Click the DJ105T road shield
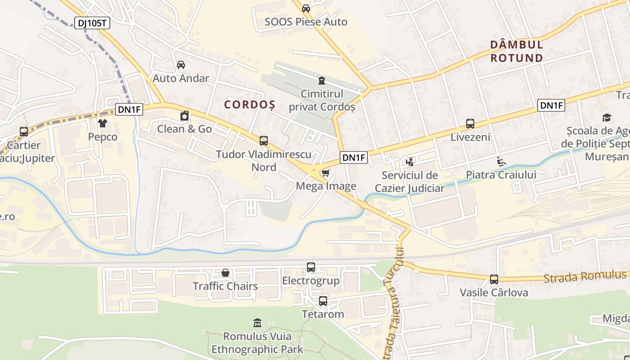point(92,23)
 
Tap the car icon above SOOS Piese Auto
point(306,8)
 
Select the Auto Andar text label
point(181,78)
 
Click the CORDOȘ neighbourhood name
point(250,105)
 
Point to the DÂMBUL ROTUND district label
point(517,51)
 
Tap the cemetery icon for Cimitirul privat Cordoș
point(321,81)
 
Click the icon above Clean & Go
point(184,116)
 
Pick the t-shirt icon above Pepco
point(103,123)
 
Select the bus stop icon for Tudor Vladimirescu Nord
point(264,141)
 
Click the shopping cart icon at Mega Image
point(325,173)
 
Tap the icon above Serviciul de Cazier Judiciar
point(409,162)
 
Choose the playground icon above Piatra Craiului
point(501,161)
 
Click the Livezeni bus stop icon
point(470,124)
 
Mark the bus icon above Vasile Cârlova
point(494,279)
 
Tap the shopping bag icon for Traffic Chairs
point(225,273)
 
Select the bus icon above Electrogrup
point(311,267)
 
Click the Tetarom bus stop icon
point(323,301)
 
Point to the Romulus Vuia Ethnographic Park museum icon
point(257,323)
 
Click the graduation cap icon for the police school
point(607,118)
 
